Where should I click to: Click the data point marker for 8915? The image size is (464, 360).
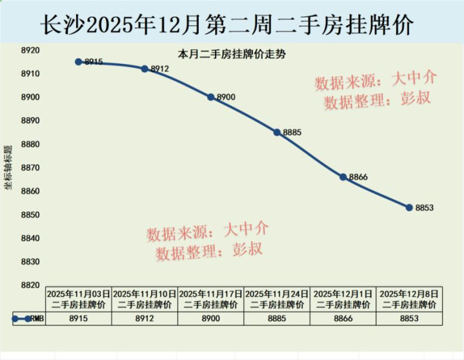tap(79, 62)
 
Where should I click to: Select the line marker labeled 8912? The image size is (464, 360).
tap(145, 68)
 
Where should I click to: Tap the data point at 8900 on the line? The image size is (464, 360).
tap(211, 97)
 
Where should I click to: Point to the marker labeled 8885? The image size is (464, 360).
tap(277, 132)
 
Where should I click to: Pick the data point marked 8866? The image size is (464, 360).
tap(343, 177)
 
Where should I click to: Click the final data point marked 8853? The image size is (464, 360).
tap(409, 207)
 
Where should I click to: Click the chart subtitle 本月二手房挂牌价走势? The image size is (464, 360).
tap(232, 54)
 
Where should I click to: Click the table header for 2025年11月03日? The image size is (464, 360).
tap(79, 298)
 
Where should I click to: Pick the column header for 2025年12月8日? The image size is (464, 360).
tap(409, 298)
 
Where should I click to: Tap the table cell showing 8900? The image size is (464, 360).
tap(211, 318)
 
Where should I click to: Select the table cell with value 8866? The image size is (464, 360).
tap(343, 318)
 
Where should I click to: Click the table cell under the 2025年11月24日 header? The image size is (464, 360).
tap(277, 318)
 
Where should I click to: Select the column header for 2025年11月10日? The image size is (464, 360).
tap(145, 298)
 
